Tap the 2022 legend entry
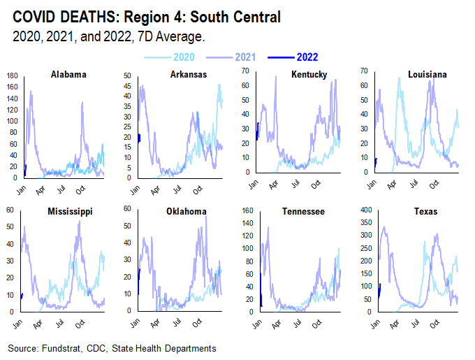307,57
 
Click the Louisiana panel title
427,75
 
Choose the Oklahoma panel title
185,211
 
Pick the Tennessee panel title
302,211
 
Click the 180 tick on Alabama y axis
11,75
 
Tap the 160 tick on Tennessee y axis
248,210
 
